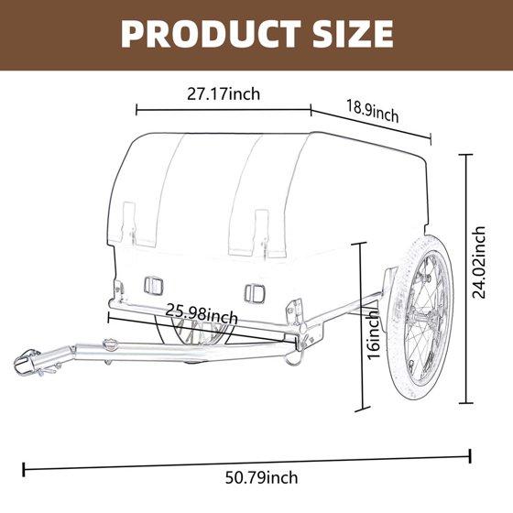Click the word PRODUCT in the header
coord(211,34)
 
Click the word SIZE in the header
coord(353,34)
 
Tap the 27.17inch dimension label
coord(224,94)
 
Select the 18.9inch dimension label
coord(372,111)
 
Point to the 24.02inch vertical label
coord(479,263)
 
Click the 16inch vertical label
coord(374,334)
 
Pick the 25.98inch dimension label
coord(202,313)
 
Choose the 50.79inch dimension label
coord(261,477)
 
